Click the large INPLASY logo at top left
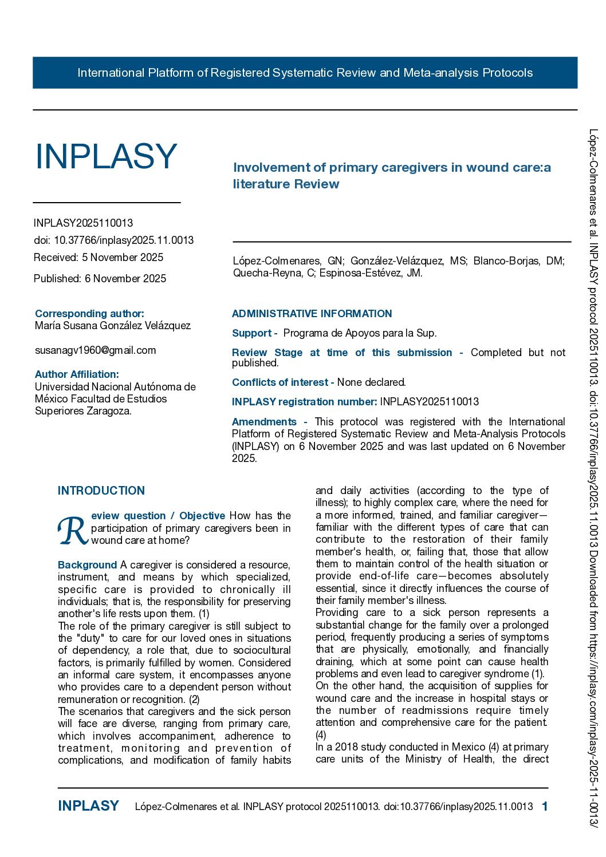(107, 156)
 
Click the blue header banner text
(305, 73)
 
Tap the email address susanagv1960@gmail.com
(96, 350)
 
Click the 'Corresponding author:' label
(89, 314)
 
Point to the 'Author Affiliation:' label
(77, 374)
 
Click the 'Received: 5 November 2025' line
(99, 258)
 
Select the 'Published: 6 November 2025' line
(100, 279)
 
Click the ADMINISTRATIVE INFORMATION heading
(312, 314)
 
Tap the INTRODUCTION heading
(101, 491)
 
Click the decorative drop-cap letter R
(73, 531)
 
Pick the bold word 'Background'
(87, 565)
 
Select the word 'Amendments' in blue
(264, 422)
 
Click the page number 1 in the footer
(545, 807)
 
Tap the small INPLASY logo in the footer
(88, 806)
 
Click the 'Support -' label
(254, 333)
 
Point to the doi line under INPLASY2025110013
(113, 240)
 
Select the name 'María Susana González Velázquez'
(113, 326)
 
